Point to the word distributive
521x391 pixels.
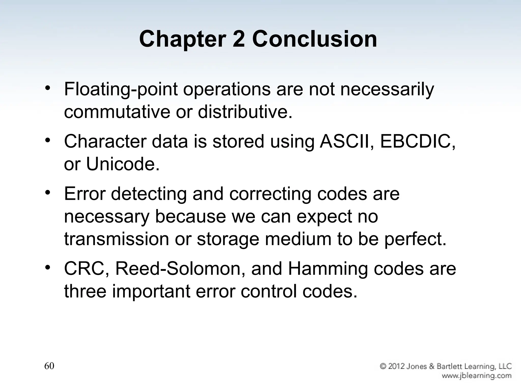[245, 112]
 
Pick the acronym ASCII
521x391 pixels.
[346, 142]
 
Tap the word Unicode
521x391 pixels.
[123, 164]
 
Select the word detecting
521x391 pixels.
[149, 194]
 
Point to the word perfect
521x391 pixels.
[415, 239]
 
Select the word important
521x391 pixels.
[151, 291]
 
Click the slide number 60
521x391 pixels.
[49, 366]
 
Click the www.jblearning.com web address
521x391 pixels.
[476, 375]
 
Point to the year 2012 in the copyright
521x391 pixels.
[398, 367]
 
